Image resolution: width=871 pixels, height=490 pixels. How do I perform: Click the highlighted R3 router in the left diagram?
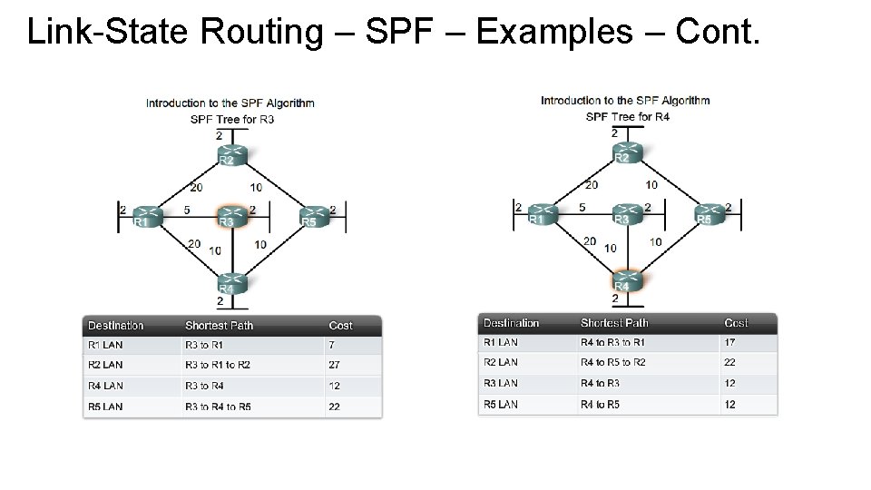point(232,217)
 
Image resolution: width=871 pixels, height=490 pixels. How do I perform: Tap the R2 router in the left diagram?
point(232,155)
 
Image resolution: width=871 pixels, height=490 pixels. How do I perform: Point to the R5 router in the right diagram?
point(710,214)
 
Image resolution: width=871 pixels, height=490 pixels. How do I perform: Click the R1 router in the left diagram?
point(148,217)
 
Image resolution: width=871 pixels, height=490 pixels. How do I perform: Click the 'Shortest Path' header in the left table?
point(220,325)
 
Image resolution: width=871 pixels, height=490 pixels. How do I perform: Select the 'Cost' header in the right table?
point(736,323)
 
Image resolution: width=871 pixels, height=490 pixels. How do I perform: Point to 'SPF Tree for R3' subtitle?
point(232,119)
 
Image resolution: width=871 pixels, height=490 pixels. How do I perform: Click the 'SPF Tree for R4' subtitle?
point(628,116)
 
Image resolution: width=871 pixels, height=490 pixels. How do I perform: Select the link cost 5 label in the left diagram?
point(186,210)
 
